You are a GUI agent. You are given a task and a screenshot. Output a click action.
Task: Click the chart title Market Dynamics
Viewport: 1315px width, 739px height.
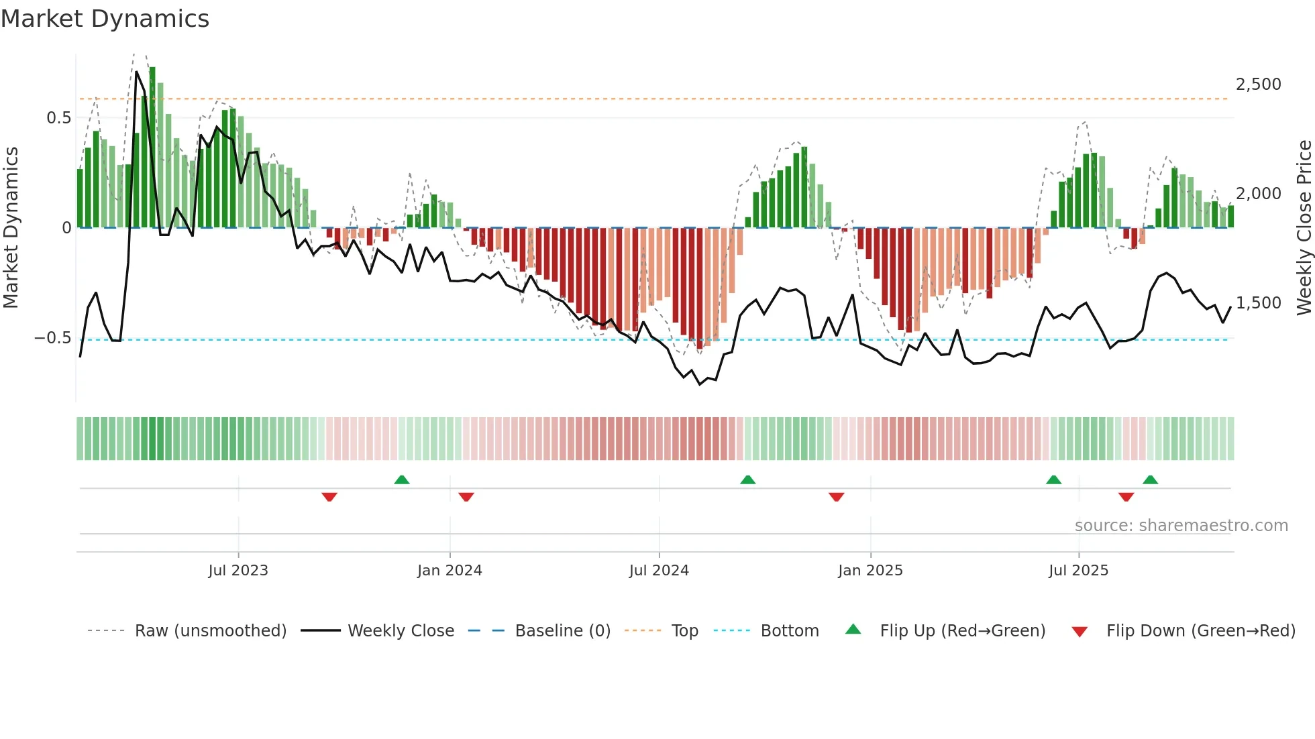tap(105, 19)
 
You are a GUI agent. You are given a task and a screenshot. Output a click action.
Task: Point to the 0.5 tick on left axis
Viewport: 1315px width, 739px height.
tap(59, 118)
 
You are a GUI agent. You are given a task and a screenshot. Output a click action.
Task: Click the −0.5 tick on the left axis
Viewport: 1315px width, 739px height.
tap(53, 338)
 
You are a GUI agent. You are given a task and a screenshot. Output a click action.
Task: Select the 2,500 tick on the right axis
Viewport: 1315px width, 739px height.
tap(1258, 84)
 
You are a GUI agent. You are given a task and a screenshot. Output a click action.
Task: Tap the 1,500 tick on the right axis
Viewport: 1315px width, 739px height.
tap(1258, 303)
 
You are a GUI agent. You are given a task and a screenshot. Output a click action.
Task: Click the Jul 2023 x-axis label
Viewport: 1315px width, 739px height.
tap(238, 571)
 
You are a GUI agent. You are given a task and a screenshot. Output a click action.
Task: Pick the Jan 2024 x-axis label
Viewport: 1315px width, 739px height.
tap(450, 571)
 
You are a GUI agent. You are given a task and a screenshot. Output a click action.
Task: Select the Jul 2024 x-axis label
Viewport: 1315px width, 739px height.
tap(659, 571)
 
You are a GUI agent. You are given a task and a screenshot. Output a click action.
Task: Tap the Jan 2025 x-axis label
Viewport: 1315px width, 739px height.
tap(870, 571)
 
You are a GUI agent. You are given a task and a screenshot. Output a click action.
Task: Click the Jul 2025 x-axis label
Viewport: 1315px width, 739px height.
tap(1078, 571)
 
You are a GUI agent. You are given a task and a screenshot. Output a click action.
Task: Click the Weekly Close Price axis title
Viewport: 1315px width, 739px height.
tap(1304, 227)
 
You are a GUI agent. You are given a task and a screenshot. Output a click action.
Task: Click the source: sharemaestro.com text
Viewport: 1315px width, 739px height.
tap(1181, 526)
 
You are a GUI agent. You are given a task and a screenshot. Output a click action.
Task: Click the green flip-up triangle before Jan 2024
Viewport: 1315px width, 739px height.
tap(402, 479)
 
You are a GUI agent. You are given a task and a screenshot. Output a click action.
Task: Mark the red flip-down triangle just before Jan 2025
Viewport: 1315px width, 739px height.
tap(836, 497)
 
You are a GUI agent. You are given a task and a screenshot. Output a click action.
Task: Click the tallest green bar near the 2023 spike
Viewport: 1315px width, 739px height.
tap(152, 148)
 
